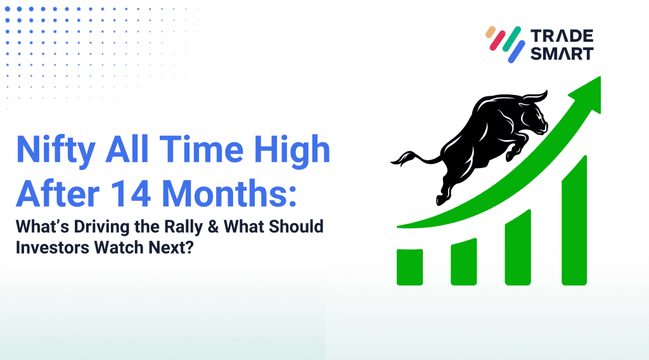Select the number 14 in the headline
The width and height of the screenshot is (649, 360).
click(131, 193)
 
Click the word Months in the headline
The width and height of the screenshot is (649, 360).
click(229, 193)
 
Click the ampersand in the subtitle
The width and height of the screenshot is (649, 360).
click(213, 227)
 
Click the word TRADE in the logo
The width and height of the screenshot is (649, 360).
click(562, 36)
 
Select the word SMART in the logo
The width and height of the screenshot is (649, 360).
click(562, 53)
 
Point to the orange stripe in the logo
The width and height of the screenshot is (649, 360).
click(491, 32)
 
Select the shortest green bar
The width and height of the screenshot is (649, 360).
click(410, 267)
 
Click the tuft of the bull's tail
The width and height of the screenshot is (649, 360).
click(400, 159)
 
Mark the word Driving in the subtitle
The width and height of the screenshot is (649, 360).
click(101, 228)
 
